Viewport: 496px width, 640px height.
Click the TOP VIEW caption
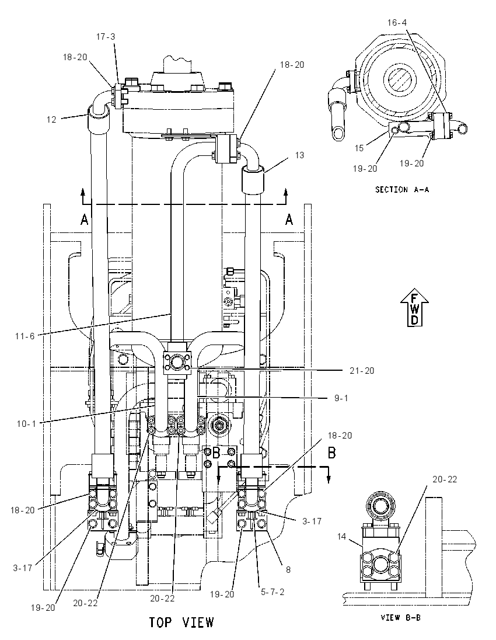(x=181, y=622)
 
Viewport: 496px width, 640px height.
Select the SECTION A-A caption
(x=402, y=189)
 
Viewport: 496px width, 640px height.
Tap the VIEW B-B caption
(x=400, y=617)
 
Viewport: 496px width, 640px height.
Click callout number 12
(x=51, y=120)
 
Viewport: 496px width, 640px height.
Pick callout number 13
(x=299, y=155)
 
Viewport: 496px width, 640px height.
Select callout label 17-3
(x=106, y=37)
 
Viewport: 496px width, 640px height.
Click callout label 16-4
(x=397, y=22)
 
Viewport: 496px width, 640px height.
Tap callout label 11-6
(x=25, y=336)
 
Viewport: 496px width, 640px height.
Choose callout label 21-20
(x=362, y=371)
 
